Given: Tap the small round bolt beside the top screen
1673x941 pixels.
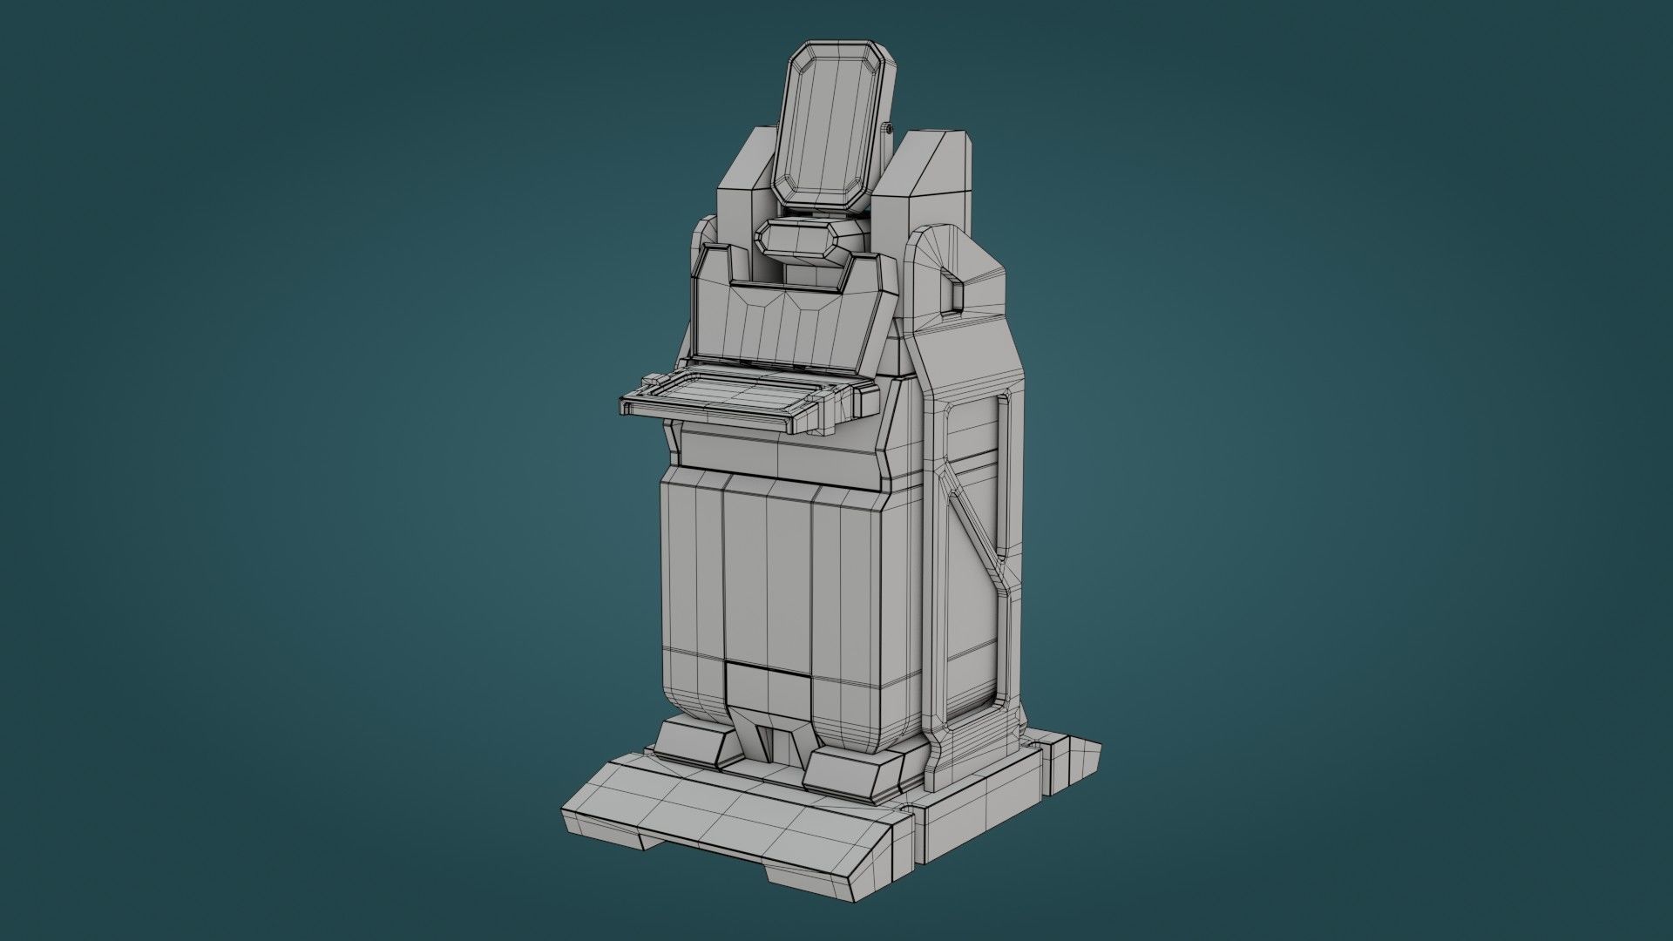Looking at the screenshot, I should (x=888, y=129).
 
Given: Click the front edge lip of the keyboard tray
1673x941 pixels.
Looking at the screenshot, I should (x=706, y=416).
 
